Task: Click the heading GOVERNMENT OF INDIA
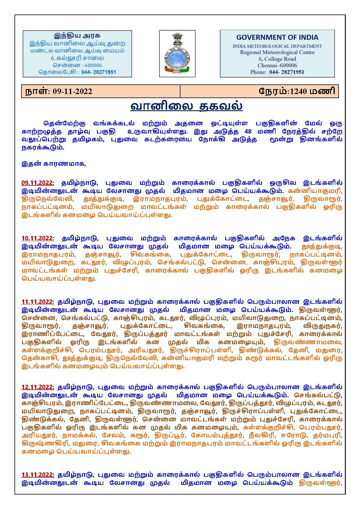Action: pos(277,37)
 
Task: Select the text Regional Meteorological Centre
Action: pos(277,53)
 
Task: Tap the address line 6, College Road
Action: pos(277,59)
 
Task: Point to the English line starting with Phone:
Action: pos(277,72)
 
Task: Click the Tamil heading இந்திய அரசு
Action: pos(77,36)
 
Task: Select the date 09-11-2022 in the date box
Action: pos(73,91)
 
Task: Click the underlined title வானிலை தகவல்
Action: pos(186,106)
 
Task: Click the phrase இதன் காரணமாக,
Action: pos(54,164)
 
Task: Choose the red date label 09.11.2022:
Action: pos(38,183)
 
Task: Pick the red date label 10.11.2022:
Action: pos(38,238)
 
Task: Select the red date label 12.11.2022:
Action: pos(38,387)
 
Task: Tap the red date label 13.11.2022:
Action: pos(38,475)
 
